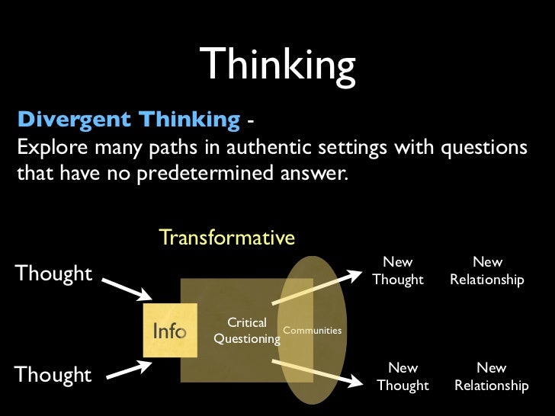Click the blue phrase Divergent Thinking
tap(128, 120)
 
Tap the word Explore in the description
tap(52, 146)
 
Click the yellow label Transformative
tap(226, 238)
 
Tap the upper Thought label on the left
tap(53, 273)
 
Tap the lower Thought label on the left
tap(53, 374)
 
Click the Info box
tap(170, 331)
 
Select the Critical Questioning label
tap(247, 331)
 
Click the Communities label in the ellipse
tap(312, 330)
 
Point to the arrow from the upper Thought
tap(127, 288)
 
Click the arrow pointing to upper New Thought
tap(316, 290)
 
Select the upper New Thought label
tap(398, 271)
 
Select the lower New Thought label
tap(403, 376)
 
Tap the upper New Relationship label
tap(487, 271)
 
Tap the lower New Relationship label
tap(491, 376)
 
